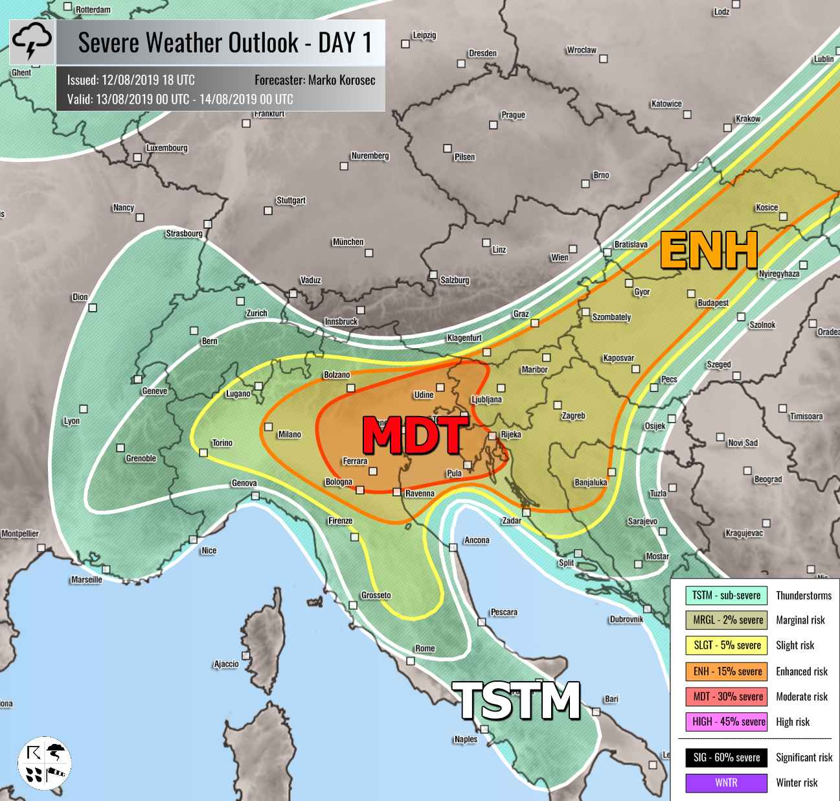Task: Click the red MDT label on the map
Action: (414, 435)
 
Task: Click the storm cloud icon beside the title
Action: (32, 42)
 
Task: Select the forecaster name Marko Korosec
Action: (315, 80)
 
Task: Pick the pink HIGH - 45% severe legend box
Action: (727, 721)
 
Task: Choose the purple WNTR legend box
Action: (727, 782)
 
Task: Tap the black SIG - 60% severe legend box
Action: (727, 757)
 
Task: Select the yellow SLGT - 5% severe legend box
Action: (727, 645)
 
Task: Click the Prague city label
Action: (513, 115)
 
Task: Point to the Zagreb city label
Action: (573, 415)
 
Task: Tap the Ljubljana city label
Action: (486, 399)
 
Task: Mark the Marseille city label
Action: (87, 579)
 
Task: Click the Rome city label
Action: (425, 648)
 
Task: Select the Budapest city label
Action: (712, 303)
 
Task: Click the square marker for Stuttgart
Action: (268, 211)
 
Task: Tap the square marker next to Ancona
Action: (453, 548)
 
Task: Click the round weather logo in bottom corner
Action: (44, 762)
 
